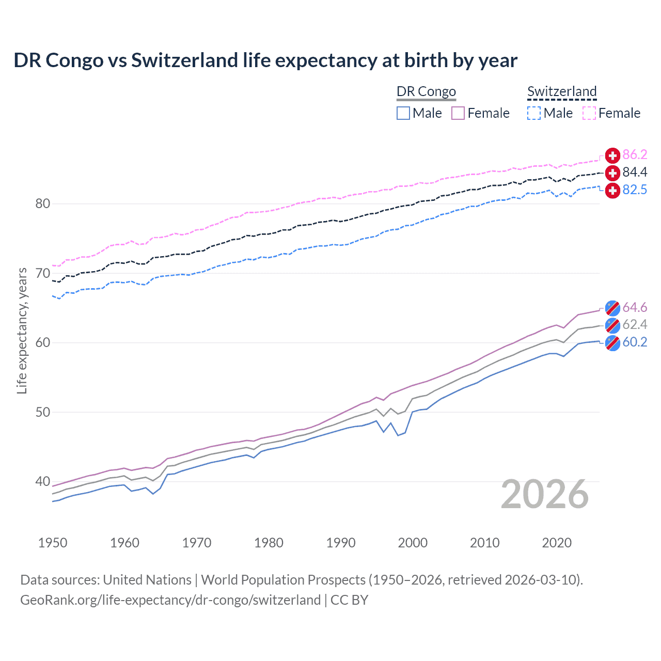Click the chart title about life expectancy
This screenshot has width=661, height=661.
[265, 60]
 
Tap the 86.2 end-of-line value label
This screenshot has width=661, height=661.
[635, 155]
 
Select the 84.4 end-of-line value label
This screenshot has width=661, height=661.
[635, 172]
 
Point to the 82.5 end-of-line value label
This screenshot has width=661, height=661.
[635, 190]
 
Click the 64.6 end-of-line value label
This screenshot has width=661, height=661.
[635, 308]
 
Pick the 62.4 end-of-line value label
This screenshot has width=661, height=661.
[635, 325]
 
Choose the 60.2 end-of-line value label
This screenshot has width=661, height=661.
[635, 342]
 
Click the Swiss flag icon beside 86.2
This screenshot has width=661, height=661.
[612, 155]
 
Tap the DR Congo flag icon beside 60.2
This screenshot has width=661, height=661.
[612, 343]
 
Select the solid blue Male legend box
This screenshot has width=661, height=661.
[403, 113]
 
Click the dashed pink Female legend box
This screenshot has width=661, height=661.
[589, 113]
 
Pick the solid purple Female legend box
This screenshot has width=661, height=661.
[458, 113]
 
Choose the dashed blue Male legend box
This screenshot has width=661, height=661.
[534, 113]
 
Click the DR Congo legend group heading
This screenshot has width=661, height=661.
[426, 92]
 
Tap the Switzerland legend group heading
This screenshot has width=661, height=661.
[562, 92]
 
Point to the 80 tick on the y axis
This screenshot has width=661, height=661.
[43, 204]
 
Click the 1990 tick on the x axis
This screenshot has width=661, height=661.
[341, 543]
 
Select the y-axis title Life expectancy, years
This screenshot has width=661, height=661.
[22, 330]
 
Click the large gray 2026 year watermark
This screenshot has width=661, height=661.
[545, 495]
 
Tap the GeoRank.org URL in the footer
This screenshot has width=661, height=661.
[170, 600]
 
